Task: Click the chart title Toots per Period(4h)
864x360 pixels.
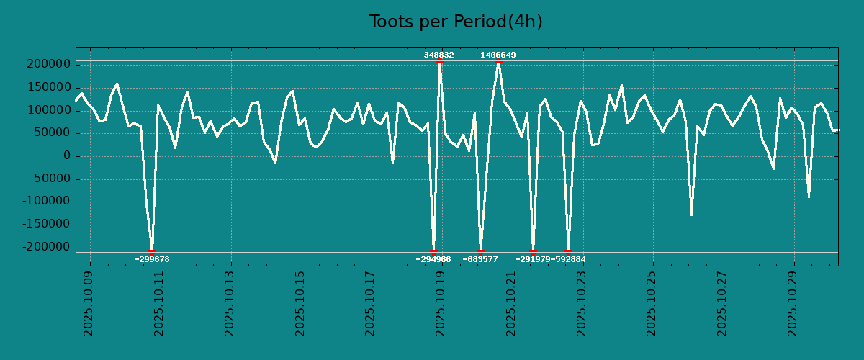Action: click(x=455, y=22)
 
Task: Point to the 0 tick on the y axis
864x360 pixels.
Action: click(x=66, y=156)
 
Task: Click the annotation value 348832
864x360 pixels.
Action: click(x=438, y=55)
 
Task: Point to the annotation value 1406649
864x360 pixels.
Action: click(x=498, y=55)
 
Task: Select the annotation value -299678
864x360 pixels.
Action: click(x=152, y=259)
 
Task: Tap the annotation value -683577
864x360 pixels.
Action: click(x=480, y=259)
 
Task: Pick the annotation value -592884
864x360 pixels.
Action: click(x=569, y=259)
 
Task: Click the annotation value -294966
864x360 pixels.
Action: click(x=433, y=259)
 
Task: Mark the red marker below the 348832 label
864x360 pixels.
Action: click(x=439, y=61)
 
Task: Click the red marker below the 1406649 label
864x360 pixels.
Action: click(x=498, y=61)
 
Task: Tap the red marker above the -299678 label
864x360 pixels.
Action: click(x=152, y=252)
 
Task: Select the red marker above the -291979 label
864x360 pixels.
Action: click(x=533, y=252)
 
